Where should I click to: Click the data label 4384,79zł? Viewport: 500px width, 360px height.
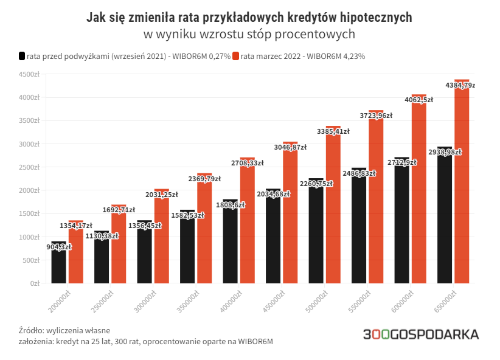pos(460,86)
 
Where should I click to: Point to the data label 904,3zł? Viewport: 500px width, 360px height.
pos(59,247)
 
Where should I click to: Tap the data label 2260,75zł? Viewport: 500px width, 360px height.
pos(316,184)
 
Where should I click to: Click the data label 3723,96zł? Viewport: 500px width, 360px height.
pos(375,115)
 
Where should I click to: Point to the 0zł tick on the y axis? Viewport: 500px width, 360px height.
pos(35,283)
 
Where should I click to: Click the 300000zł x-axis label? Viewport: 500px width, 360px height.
pos(143,300)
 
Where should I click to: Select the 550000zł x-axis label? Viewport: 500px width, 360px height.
pos(357,300)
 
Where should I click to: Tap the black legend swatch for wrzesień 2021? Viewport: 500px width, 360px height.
pos(22,57)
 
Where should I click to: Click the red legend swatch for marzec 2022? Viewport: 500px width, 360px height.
pos(236,57)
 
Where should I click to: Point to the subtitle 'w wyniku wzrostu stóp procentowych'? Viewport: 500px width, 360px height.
pos(249,34)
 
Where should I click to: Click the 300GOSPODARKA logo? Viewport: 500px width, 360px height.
pos(420,334)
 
